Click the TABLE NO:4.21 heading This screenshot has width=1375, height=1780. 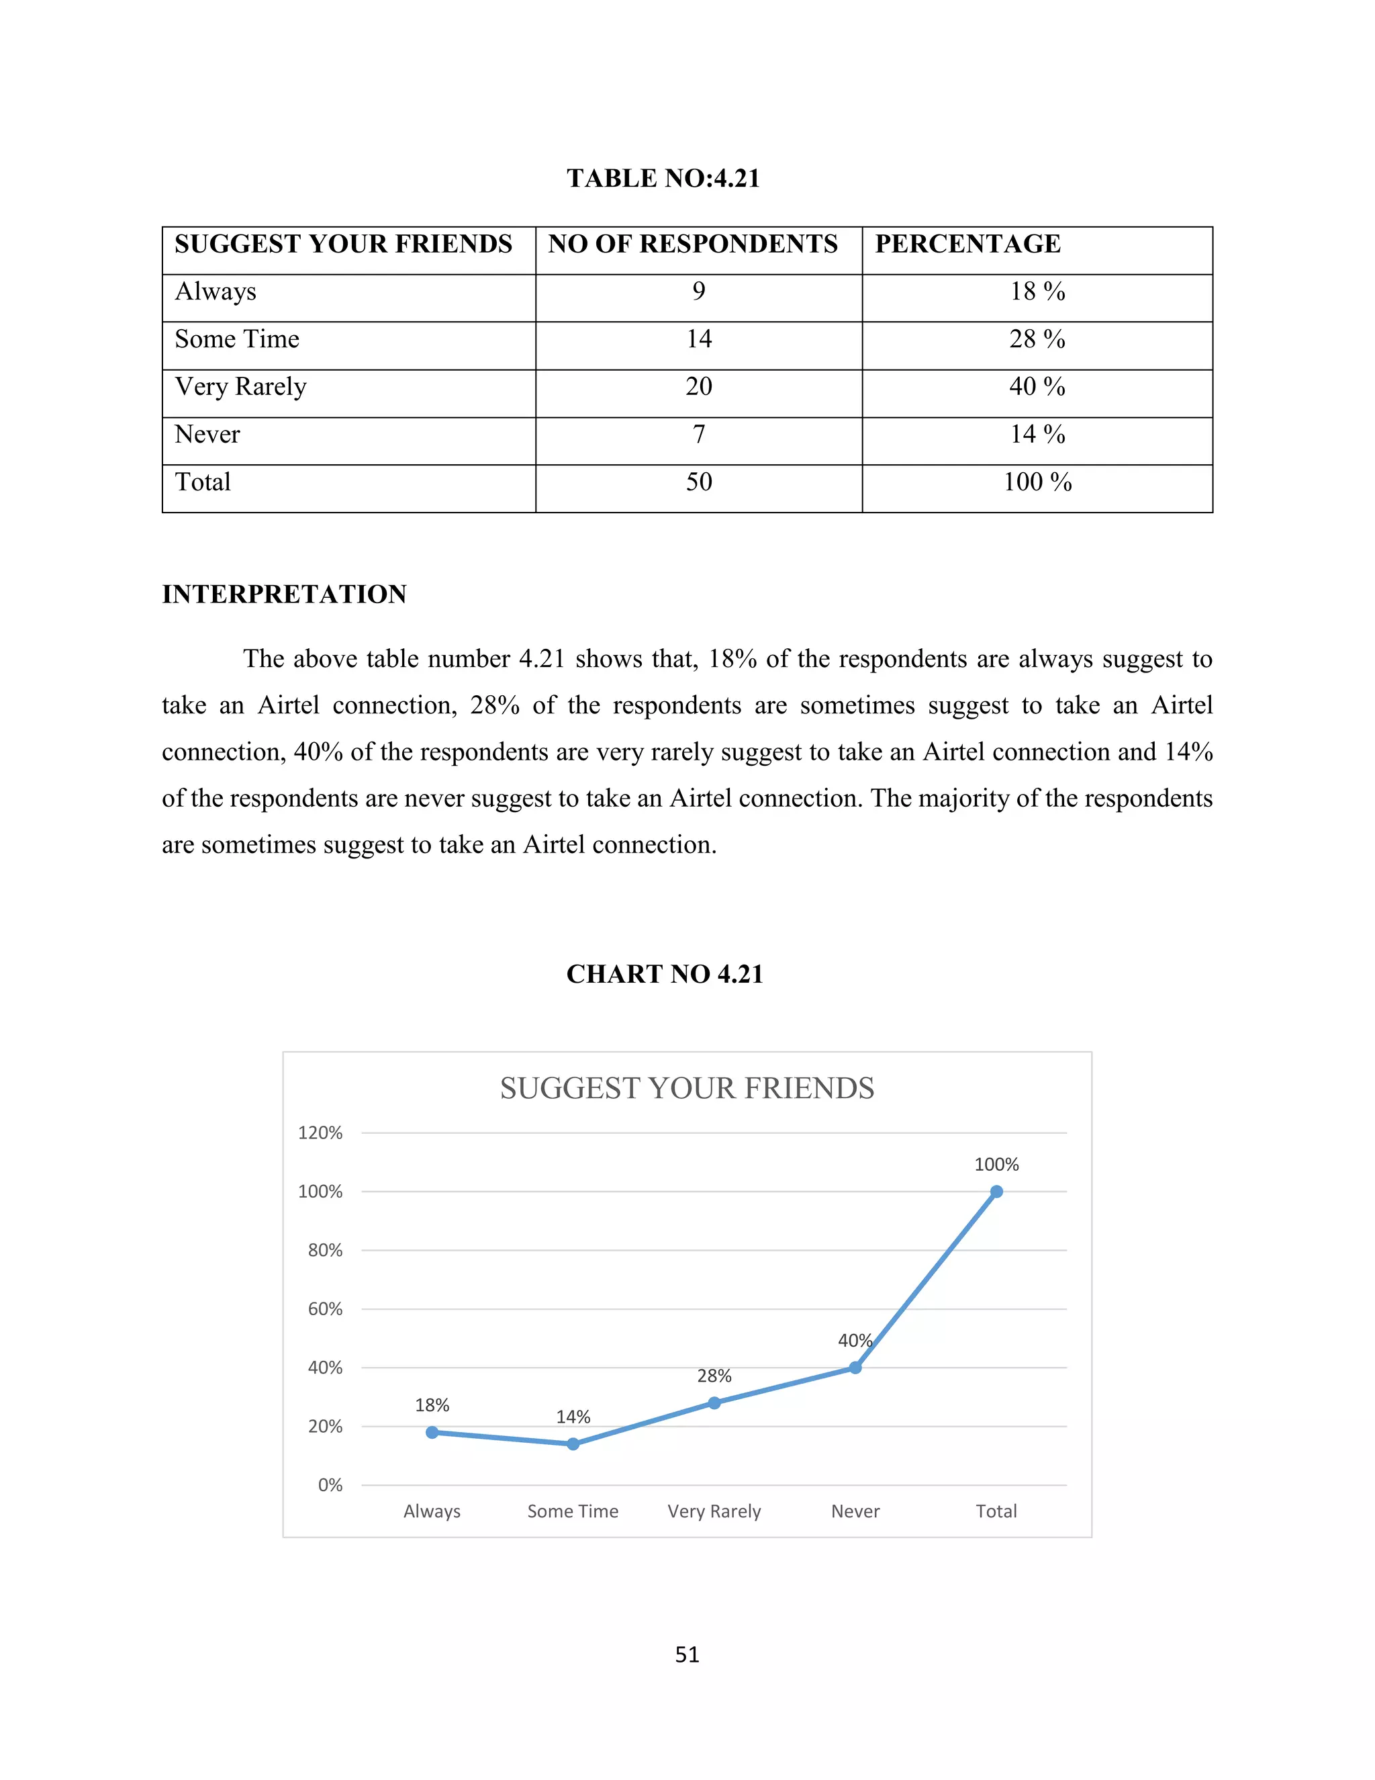[x=663, y=179]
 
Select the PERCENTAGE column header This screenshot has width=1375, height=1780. [x=967, y=244]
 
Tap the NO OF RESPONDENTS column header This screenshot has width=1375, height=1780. [x=692, y=244]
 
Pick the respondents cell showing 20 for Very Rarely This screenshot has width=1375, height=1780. [x=698, y=386]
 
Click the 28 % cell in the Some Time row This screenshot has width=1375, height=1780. [x=1037, y=339]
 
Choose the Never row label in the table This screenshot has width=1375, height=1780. [x=207, y=435]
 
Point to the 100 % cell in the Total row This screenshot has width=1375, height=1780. [x=1037, y=482]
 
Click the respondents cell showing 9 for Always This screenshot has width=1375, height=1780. [x=698, y=292]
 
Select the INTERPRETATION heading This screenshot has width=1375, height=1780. [x=284, y=594]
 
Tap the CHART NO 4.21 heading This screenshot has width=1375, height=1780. [x=665, y=974]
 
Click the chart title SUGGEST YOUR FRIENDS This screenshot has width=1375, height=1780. [x=687, y=1088]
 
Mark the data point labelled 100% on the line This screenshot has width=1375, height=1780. [x=996, y=1192]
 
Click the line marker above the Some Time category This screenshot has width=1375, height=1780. [x=573, y=1443]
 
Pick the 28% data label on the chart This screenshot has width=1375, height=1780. [x=714, y=1376]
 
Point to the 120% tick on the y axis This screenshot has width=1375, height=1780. [x=320, y=1133]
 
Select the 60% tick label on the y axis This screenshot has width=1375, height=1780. [x=325, y=1309]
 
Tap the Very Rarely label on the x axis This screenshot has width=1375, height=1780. [x=714, y=1511]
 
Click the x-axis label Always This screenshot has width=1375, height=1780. [x=432, y=1511]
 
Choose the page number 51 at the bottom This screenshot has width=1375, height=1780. [x=687, y=1654]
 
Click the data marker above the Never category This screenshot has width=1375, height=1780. [x=855, y=1368]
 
